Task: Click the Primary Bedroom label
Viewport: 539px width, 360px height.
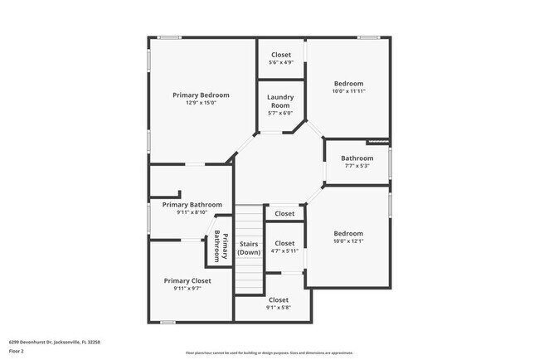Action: pos(201,95)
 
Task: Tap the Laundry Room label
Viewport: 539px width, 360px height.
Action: pos(280,101)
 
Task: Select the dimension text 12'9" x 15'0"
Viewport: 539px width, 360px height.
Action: pos(201,104)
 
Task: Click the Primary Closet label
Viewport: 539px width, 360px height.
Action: pos(187,280)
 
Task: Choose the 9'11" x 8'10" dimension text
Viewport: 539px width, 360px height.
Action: pos(192,212)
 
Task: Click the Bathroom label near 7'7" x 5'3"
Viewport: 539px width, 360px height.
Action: pos(357,158)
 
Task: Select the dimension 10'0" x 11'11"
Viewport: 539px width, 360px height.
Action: pos(349,91)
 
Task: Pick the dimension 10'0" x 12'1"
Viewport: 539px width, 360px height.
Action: pos(348,241)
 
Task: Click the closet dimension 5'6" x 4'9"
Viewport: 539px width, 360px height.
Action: pos(281,62)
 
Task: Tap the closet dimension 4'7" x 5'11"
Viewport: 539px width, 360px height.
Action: pos(284,251)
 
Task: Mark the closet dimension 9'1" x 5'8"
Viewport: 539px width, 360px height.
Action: pos(279,307)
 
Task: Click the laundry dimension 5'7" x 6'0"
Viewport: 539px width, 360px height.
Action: pos(280,114)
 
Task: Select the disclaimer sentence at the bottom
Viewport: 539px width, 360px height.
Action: pos(269,353)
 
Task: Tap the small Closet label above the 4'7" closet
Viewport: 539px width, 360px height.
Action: pos(284,213)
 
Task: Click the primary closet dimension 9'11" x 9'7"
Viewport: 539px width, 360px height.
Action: pos(187,289)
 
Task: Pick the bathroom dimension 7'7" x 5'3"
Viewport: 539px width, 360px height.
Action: pos(357,166)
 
